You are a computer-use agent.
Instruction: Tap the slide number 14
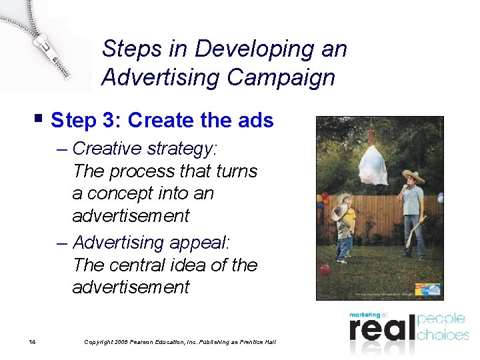pos(32,342)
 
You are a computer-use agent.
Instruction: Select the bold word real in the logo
pos(380,330)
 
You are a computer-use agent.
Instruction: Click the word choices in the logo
pos(443,334)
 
